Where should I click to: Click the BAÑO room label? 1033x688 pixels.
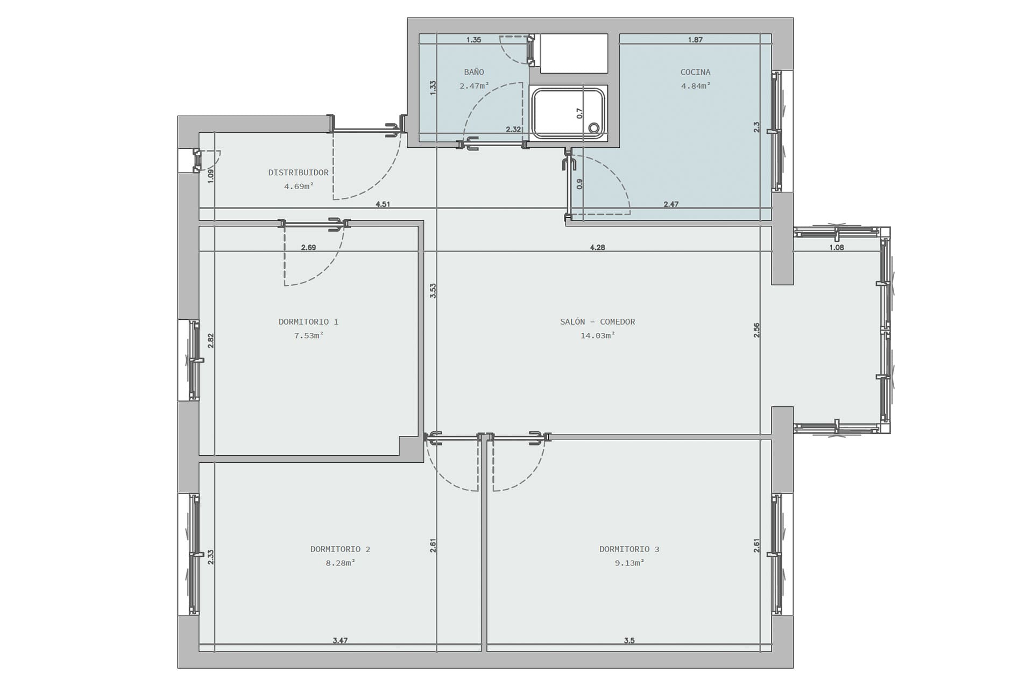point(474,72)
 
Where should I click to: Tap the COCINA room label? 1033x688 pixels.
point(695,72)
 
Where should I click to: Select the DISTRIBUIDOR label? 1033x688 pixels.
point(298,173)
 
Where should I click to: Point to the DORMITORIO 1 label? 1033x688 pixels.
point(308,322)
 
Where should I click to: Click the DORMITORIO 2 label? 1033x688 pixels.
point(340,549)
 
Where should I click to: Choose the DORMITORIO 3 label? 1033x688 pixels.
point(629,549)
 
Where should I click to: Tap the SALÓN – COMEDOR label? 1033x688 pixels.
point(597,322)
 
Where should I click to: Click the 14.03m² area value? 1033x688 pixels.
point(597,335)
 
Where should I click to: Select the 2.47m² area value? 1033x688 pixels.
point(474,85)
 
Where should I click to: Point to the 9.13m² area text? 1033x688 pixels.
point(629,563)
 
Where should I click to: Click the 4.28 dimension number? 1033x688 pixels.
point(597,247)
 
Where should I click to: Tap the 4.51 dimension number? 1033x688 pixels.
point(383,204)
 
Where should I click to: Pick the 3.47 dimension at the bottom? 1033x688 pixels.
point(340,640)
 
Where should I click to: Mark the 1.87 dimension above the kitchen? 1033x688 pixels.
point(695,40)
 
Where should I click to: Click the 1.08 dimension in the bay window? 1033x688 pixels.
point(837,247)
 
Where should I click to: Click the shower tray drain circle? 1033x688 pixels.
point(594,128)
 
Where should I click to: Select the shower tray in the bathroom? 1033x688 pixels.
point(569,113)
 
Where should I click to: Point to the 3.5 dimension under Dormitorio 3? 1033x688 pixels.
point(629,640)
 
